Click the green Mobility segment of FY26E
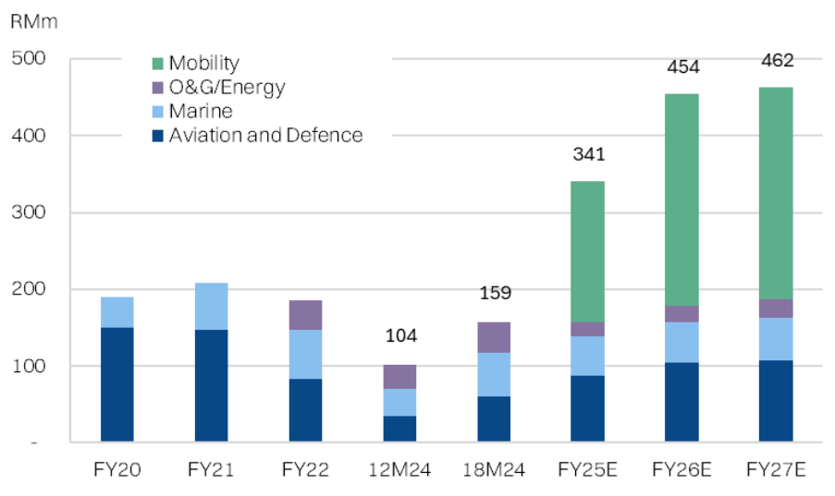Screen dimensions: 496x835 682,200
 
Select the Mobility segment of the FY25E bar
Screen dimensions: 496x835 587,251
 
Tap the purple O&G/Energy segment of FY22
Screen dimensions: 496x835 305,315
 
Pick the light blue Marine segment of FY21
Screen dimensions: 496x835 211,306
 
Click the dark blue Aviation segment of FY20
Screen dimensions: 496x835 117,384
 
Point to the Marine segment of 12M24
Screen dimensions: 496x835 399,402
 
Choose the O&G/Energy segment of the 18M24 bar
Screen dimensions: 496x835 493,337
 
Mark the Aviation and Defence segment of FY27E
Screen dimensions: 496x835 776,401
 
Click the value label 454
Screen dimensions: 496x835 682,67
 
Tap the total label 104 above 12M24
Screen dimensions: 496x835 399,335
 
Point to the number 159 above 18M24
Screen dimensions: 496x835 494,294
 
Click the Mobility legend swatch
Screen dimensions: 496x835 158,64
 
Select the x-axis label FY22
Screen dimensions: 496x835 305,470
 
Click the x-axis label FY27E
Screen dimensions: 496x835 776,470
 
